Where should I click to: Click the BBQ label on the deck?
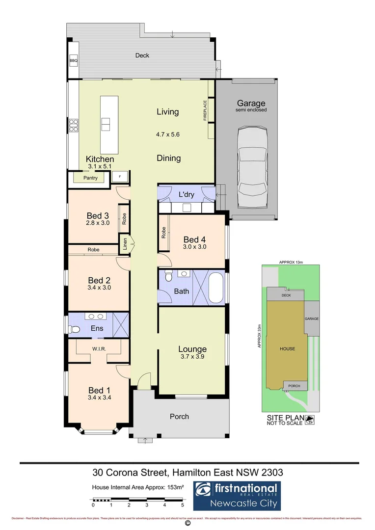(74, 61)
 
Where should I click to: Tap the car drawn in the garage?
(251, 167)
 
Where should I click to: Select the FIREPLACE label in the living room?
(206, 110)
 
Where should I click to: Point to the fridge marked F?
(120, 177)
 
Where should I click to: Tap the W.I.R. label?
(100, 349)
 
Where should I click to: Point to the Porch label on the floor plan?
(179, 417)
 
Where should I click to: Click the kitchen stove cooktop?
(74, 126)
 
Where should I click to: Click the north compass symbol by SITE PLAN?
(310, 420)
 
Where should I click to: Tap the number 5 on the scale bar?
(182, 504)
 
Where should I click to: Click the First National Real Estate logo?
(236, 495)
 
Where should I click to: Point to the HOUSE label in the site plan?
(287, 349)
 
